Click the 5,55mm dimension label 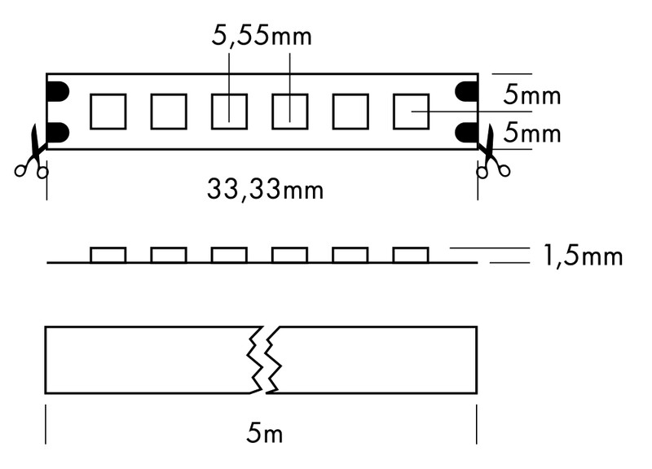(x=262, y=36)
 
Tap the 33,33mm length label (x=265, y=190)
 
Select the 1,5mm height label (x=582, y=256)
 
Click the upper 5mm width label (x=532, y=94)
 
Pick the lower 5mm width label (x=532, y=133)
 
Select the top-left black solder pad (x=58, y=92)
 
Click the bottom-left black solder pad (x=58, y=132)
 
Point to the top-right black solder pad (x=466, y=92)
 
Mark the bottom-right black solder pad (x=466, y=132)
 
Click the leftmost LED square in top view (x=108, y=112)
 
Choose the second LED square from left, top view (x=169, y=112)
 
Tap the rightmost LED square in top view (x=412, y=112)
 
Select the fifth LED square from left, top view (x=350, y=112)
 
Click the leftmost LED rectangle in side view (x=108, y=255)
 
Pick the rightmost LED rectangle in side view (x=412, y=255)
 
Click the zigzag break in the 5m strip (x=264, y=360)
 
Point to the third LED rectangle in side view (x=229, y=255)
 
